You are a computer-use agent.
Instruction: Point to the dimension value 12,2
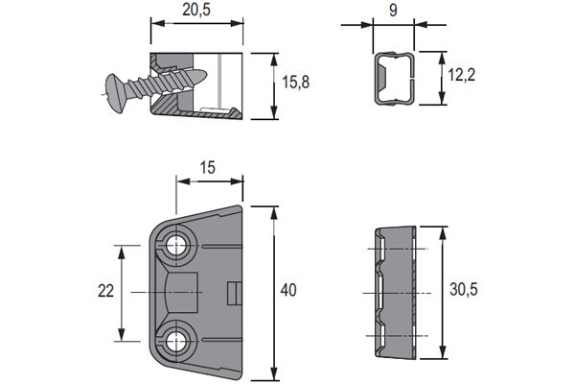(465, 73)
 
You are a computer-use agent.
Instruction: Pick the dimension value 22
(107, 291)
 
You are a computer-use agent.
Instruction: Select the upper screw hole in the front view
(177, 246)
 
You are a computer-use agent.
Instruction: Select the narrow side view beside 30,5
(392, 291)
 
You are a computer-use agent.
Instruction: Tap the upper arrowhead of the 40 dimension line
(275, 209)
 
